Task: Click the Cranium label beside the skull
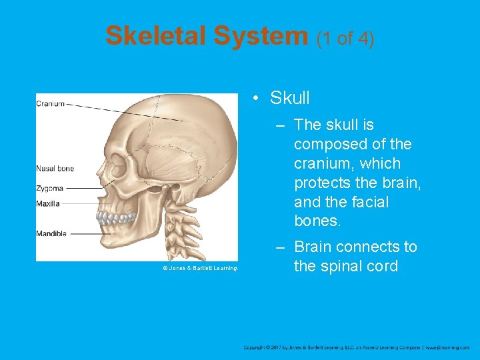pos(50,103)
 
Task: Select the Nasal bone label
pos(55,169)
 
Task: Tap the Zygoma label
pos(49,189)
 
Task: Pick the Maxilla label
pos(47,203)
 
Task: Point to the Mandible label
pos(51,233)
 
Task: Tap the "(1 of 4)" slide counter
pos(345,38)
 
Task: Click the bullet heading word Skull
pos(290,98)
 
